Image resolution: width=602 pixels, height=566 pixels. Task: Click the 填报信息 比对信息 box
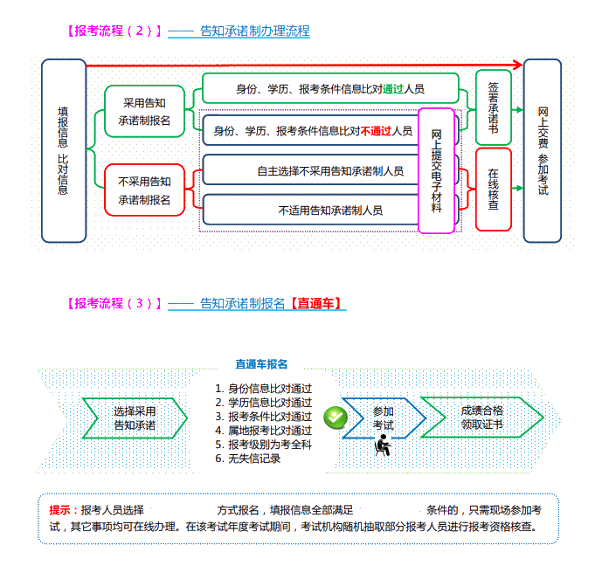pyautogui.click(x=64, y=150)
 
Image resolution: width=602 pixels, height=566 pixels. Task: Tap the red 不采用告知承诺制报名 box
pyautogui.click(x=144, y=190)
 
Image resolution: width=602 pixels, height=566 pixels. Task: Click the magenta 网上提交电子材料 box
pyautogui.click(x=436, y=170)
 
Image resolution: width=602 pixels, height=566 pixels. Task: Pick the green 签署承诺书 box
pyautogui.click(x=494, y=107)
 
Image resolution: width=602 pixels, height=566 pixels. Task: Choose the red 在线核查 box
pyautogui.click(x=494, y=190)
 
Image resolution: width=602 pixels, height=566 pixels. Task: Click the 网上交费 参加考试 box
pyautogui.click(x=542, y=150)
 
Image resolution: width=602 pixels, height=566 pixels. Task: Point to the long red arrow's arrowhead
pyautogui.click(x=517, y=65)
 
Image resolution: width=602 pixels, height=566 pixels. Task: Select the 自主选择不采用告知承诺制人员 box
pyautogui.click(x=330, y=171)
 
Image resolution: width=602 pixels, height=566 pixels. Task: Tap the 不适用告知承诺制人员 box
pyautogui.click(x=330, y=210)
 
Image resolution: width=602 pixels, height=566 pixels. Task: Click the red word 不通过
pyautogui.click(x=376, y=131)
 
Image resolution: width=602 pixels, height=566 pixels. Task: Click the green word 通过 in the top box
pyautogui.click(x=392, y=89)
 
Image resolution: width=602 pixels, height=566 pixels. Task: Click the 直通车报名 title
pyautogui.click(x=261, y=363)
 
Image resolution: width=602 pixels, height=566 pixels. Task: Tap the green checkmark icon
pyautogui.click(x=336, y=418)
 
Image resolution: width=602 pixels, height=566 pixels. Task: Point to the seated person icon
pyautogui.click(x=382, y=445)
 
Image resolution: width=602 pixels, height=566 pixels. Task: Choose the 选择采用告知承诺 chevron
pyautogui.click(x=135, y=418)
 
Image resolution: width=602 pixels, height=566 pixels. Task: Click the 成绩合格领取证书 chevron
pyautogui.click(x=481, y=418)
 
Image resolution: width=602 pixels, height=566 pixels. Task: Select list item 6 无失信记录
pyautogui.click(x=254, y=459)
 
